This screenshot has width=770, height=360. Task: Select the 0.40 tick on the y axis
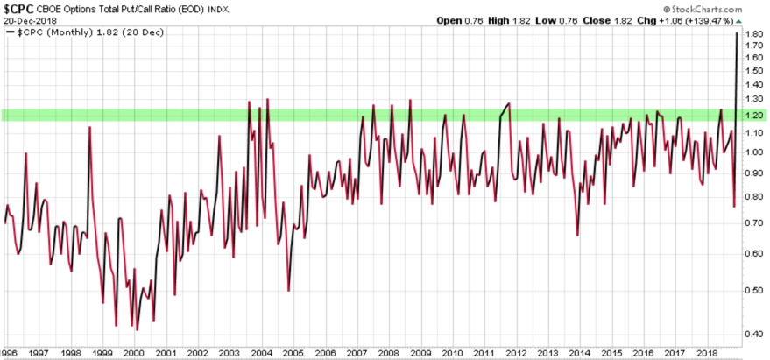(x=753, y=333)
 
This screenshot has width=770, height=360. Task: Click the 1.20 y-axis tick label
(x=753, y=116)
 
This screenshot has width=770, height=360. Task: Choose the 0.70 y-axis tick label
(x=753, y=223)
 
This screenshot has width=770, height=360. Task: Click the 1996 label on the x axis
(x=8, y=352)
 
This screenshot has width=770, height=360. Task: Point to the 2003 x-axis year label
(x=230, y=352)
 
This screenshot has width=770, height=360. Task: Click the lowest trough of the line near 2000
(x=136, y=329)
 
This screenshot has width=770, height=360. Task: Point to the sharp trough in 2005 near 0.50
(x=289, y=291)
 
